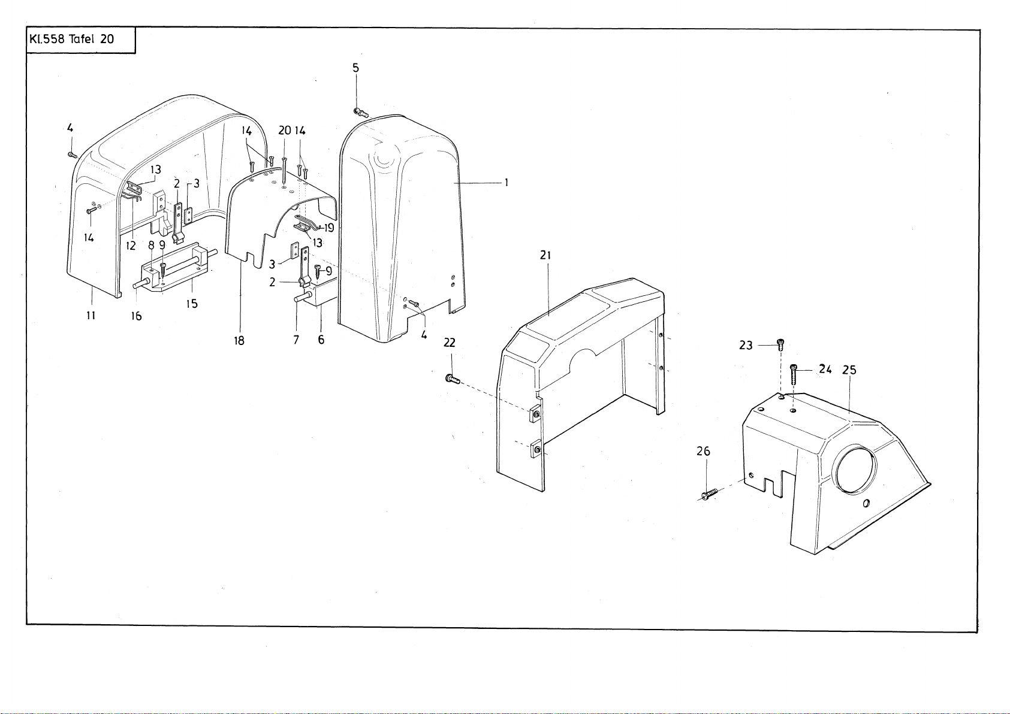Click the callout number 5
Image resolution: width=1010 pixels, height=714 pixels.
[x=355, y=68]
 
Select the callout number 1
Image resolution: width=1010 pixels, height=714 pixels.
[x=506, y=183]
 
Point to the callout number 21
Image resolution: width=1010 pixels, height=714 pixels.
[x=545, y=255]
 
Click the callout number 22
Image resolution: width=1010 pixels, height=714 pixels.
[x=449, y=343]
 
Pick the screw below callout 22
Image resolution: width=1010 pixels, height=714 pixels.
[x=452, y=379]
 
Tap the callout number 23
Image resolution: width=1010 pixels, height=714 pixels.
[x=746, y=346]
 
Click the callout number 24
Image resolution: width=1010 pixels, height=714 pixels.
[x=825, y=370]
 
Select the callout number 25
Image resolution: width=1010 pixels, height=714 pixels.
[x=849, y=370]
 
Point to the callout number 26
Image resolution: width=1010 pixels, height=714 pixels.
[x=703, y=451]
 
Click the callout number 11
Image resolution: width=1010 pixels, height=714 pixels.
[x=91, y=315]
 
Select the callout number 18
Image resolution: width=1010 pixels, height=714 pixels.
[x=239, y=341]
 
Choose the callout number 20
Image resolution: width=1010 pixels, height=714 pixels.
[x=284, y=131]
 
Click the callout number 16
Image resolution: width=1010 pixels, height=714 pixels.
[x=137, y=316]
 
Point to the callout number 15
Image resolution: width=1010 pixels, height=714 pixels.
[x=191, y=304]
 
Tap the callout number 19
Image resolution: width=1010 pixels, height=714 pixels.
[x=328, y=228]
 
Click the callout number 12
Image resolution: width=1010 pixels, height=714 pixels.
[x=131, y=245]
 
